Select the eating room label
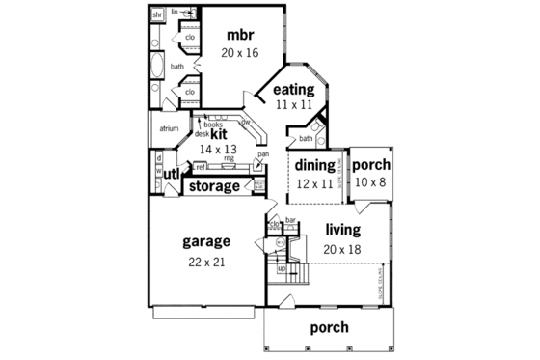click(x=295, y=90)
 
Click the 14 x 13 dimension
click(x=217, y=150)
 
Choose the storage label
click(x=214, y=185)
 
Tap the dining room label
click(x=313, y=165)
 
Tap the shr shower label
click(x=157, y=15)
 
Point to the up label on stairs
click(x=282, y=269)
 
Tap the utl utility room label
click(x=171, y=174)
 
